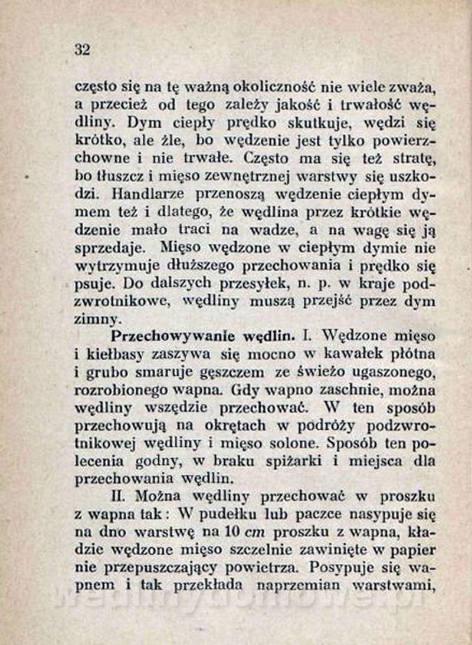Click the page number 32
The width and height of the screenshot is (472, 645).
[x=83, y=50]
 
